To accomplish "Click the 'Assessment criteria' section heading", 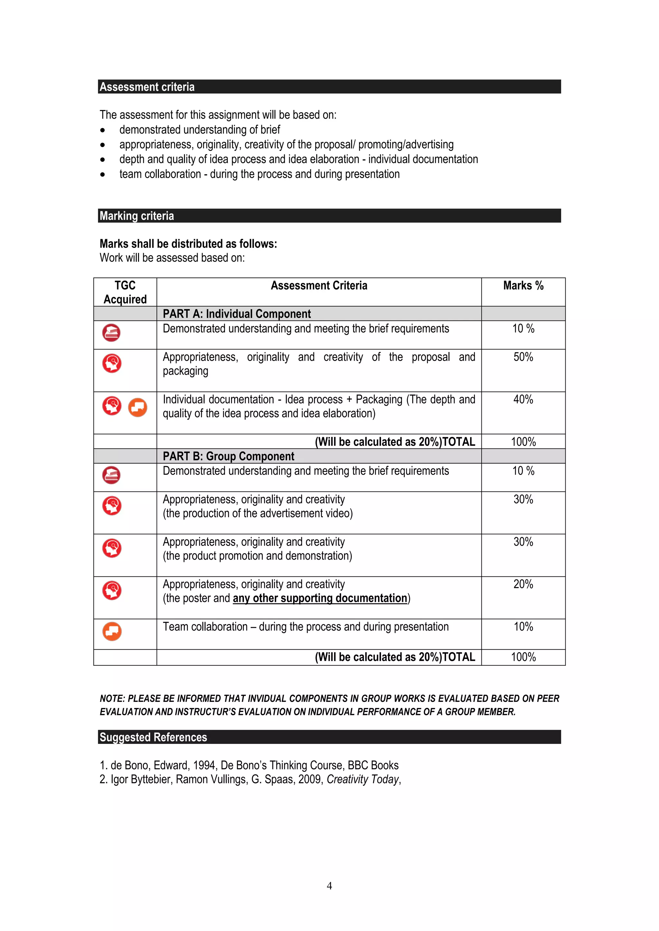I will coord(147,87).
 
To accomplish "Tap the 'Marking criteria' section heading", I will coord(137,216).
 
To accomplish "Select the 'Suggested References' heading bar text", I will coord(153,737).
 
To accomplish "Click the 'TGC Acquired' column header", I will coord(125,292).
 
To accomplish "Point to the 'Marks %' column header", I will coord(523,285).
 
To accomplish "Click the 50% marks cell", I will coord(523,357).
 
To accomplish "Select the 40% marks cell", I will coord(523,399).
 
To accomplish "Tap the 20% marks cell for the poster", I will coord(523,584).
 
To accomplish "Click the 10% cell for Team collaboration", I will coord(523,627).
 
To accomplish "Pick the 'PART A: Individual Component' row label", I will coord(237,314).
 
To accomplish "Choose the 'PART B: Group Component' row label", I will coord(228,456).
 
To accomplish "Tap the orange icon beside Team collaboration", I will coord(112,631).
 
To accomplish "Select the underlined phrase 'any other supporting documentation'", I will coord(320,599).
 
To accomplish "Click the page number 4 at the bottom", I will coord(329,886).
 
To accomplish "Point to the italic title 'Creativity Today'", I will coord(363,779).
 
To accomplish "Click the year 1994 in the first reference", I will coord(205,765).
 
